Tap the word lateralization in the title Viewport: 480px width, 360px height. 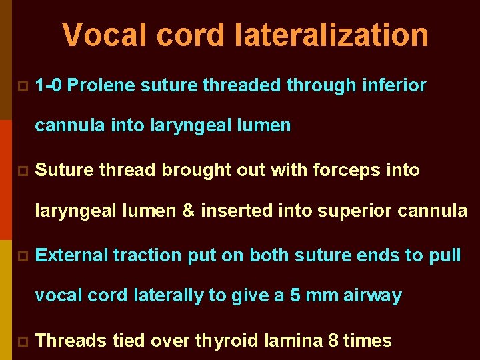pyautogui.click(x=331, y=35)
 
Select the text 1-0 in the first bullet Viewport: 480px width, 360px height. pyautogui.click(x=49, y=85)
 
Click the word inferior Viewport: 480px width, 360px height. pyautogui.click(x=394, y=85)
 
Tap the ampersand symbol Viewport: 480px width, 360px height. pyautogui.click(x=188, y=211)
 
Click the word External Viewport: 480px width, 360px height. pyautogui.click(x=71, y=255)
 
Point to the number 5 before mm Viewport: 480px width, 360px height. pyautogui.click(x=295, y=295)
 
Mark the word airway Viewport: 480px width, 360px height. pyautogui.click(x=373, y=295)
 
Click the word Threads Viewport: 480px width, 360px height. pyautogui.click(x=71, y=341)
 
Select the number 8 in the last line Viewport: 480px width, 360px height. pyautogui.click(x=333, y=341)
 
